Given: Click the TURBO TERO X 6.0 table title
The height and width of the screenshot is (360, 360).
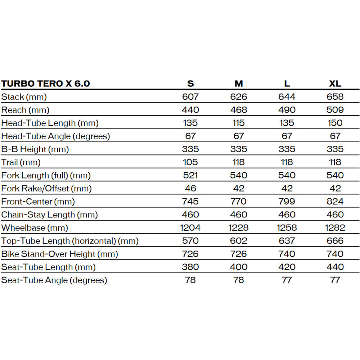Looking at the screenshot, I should [x=46, y=84].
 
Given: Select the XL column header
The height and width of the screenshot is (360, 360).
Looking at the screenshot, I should [x=335, y=84].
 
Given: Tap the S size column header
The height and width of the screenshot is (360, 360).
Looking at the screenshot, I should [x=190, y=84].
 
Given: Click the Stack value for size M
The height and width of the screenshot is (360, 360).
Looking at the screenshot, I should [x=239, y=96].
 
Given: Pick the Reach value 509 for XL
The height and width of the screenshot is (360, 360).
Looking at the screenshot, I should [x=335, y=110].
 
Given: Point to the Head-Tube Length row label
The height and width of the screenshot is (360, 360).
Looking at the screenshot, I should [x=50, y=123].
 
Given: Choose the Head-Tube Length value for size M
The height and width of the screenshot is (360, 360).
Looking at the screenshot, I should [x=239, y=123].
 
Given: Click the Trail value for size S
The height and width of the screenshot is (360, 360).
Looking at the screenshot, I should [x=190, y=162].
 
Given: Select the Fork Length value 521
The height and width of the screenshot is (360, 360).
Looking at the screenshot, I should [x=190, y=175].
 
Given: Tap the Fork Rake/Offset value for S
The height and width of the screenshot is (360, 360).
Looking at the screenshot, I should [x=190, y=188].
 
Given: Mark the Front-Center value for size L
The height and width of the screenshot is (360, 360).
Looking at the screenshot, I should [x=287, y=202].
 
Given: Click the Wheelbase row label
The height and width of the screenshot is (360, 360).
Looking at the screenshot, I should [x=35, y=228].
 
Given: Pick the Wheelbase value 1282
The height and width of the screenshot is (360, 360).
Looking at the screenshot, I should [x=335, y=228].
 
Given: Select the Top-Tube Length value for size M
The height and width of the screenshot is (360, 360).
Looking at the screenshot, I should [x=239, y=241].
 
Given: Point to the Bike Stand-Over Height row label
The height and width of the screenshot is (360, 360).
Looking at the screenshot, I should [x=60, y=254].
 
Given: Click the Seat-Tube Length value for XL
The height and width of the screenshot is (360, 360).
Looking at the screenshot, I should [x=335, y=267].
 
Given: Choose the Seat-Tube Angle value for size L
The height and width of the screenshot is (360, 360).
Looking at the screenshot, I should [x=287, y=280].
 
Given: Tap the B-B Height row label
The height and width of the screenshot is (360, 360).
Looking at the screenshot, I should [x=35, y=149].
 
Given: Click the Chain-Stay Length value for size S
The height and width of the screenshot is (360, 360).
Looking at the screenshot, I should [x=190, y=215].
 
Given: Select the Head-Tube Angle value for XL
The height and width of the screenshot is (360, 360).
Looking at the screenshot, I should [x=335, y=136].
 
